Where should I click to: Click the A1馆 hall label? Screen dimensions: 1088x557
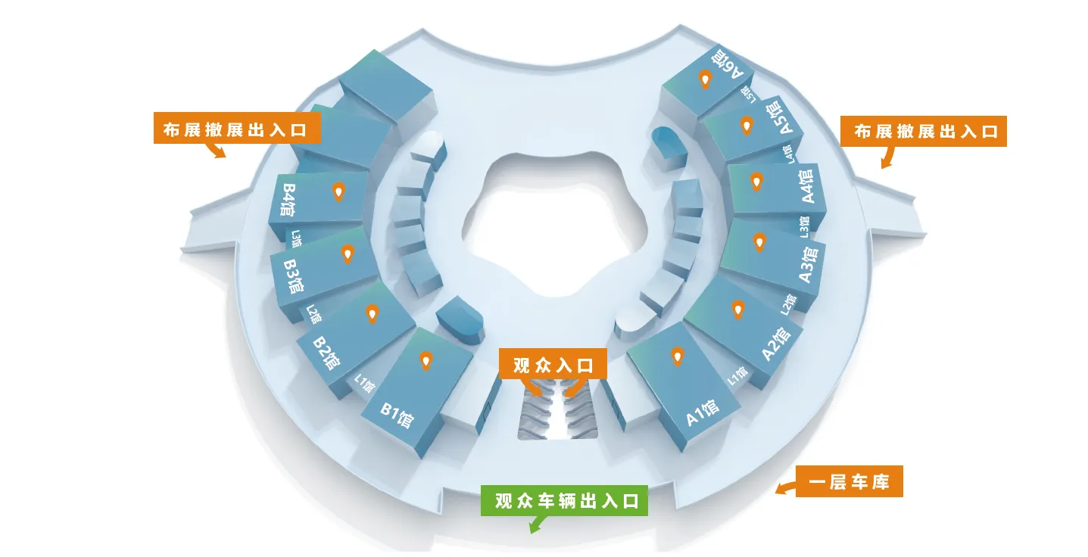point(703,412)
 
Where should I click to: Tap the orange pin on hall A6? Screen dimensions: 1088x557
point(705,79)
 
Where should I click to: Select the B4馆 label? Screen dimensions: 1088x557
point(288,200)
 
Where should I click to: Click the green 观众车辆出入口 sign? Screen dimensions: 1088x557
point(564,500)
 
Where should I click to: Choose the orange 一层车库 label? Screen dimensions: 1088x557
point(849,481)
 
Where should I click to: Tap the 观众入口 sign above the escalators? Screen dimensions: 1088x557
point(553,364)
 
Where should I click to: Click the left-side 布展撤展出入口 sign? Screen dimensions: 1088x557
point(237,128)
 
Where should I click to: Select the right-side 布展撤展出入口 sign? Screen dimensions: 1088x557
point(924,131)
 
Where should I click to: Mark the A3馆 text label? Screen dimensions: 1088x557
point(809,265)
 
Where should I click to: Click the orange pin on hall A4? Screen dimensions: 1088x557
point(756,182)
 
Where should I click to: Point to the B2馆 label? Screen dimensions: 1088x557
point(326,353)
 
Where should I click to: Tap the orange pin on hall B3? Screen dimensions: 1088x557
point(348,254)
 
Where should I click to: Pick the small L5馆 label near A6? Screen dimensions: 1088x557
point(749,94)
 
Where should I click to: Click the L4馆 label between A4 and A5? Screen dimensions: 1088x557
point(788,154)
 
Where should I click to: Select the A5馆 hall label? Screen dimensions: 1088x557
point(780,117)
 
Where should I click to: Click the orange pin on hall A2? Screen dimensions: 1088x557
point(737,310)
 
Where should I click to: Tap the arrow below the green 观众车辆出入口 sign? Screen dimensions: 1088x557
point(538,524)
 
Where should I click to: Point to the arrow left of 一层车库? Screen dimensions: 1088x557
point(785,487)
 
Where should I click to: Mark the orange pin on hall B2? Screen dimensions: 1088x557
point(372,314)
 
